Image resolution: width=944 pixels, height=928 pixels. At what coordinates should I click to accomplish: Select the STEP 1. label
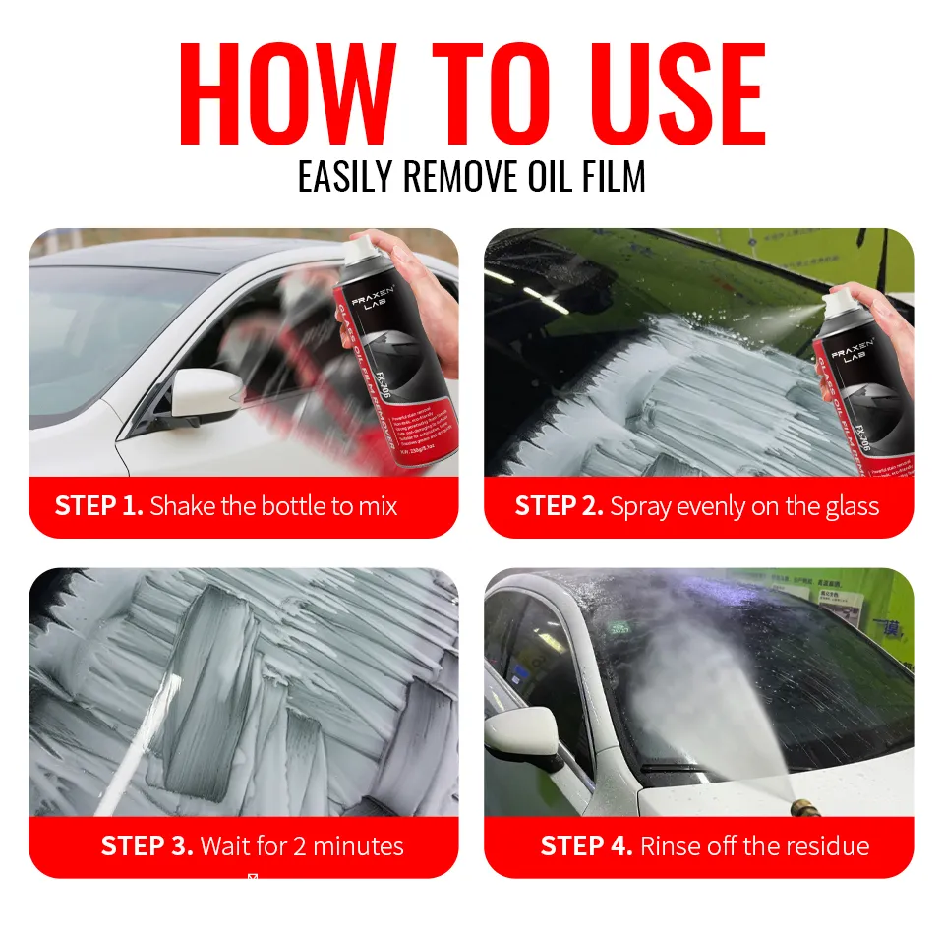[99, 506]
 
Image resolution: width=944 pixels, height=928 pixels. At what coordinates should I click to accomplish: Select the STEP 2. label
[559, 506]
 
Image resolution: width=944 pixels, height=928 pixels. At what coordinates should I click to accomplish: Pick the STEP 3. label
[146, 846]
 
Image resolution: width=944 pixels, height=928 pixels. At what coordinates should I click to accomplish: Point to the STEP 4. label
[586, 846]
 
